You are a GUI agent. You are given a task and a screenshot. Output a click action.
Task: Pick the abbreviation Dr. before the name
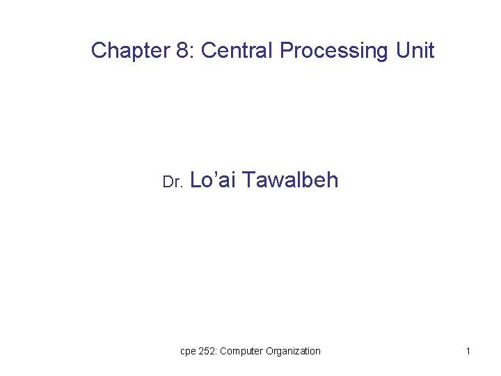[x=172, y=182]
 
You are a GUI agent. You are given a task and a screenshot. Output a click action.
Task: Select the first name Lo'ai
[x=213, y=180]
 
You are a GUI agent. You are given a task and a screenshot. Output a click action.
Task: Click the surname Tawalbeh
[x=291, y=180]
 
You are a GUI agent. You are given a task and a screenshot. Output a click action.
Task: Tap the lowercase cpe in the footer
[x=188, y=352]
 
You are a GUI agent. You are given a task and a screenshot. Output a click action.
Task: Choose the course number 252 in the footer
[x=208, y=351]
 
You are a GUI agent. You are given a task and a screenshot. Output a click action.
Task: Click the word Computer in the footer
[x=241, y=351]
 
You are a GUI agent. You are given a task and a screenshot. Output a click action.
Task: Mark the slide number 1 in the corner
[x=468, y=351]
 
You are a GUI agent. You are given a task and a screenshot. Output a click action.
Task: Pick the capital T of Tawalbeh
[x=250, y=180]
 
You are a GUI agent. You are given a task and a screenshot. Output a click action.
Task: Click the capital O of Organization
[x=269, y=351]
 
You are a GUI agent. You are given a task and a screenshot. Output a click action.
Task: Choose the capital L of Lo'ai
[x=195, y=180]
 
